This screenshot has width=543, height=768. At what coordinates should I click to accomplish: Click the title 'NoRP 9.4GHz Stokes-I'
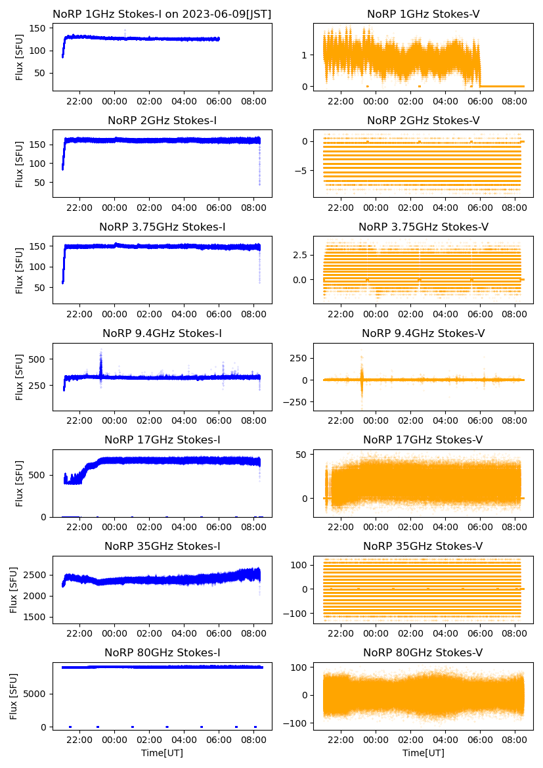(162, 334)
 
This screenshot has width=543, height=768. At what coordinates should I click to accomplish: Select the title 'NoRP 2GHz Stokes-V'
(423, 120)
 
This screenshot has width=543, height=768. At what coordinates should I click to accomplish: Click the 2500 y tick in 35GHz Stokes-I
(37, 575)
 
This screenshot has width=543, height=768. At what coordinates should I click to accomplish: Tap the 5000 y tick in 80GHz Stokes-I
(37, 694)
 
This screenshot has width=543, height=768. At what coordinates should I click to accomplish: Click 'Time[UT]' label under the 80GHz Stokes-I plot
(162, 753)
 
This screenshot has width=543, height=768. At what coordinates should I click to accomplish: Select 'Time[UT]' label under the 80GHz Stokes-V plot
(423, 753)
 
